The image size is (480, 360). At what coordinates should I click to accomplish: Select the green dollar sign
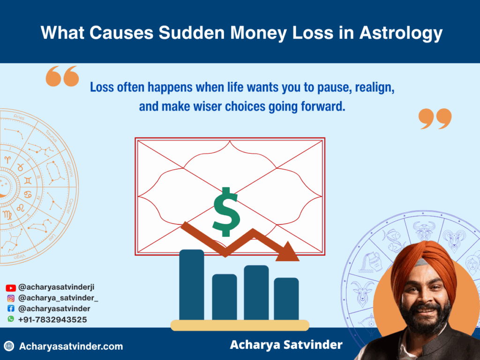(226, 212)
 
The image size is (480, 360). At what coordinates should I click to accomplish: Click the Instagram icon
(11, 298)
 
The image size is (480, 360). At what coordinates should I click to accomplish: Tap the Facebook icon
(11, 309)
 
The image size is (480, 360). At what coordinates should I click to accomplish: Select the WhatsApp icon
(11, 319)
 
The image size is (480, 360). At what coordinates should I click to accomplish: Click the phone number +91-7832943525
(52, 320)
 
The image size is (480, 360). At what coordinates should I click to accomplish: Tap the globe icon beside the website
(9, 346)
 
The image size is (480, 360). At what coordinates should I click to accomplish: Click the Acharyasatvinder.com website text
(71, 346)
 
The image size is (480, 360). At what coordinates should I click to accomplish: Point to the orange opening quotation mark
(62, 76)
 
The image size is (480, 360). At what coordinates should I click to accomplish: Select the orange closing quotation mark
(435, 118)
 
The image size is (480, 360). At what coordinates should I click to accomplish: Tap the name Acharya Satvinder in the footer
(286, 345)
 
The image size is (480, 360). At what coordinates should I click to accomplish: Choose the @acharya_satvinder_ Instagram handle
(58, 298)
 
